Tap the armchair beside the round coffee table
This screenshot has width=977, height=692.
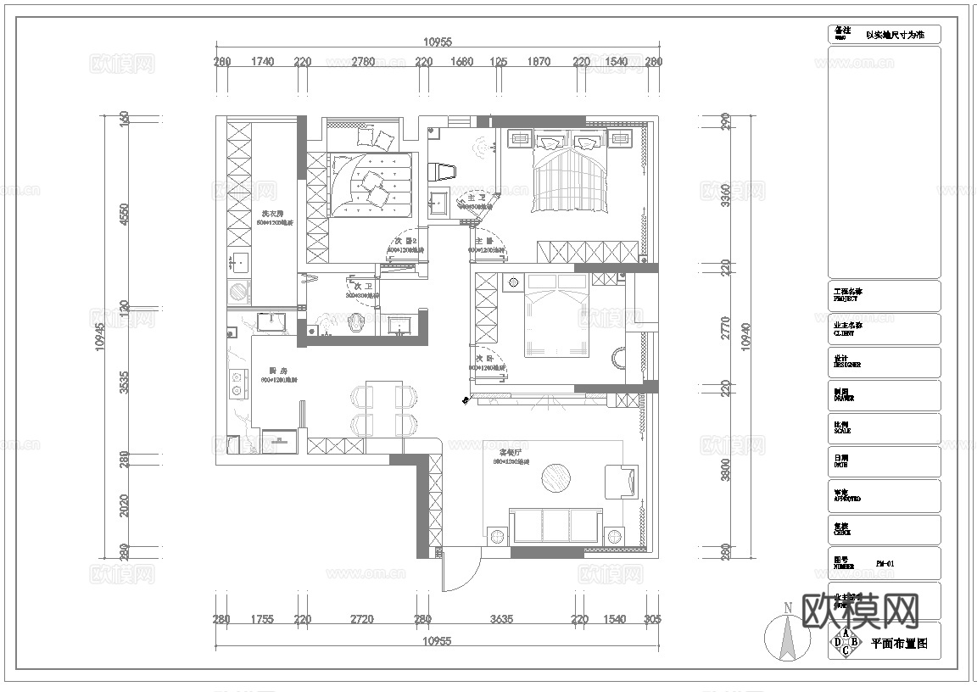620,481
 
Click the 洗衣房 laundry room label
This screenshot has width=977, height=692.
271,215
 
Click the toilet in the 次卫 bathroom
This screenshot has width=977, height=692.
357,321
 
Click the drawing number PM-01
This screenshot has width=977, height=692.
885,563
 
